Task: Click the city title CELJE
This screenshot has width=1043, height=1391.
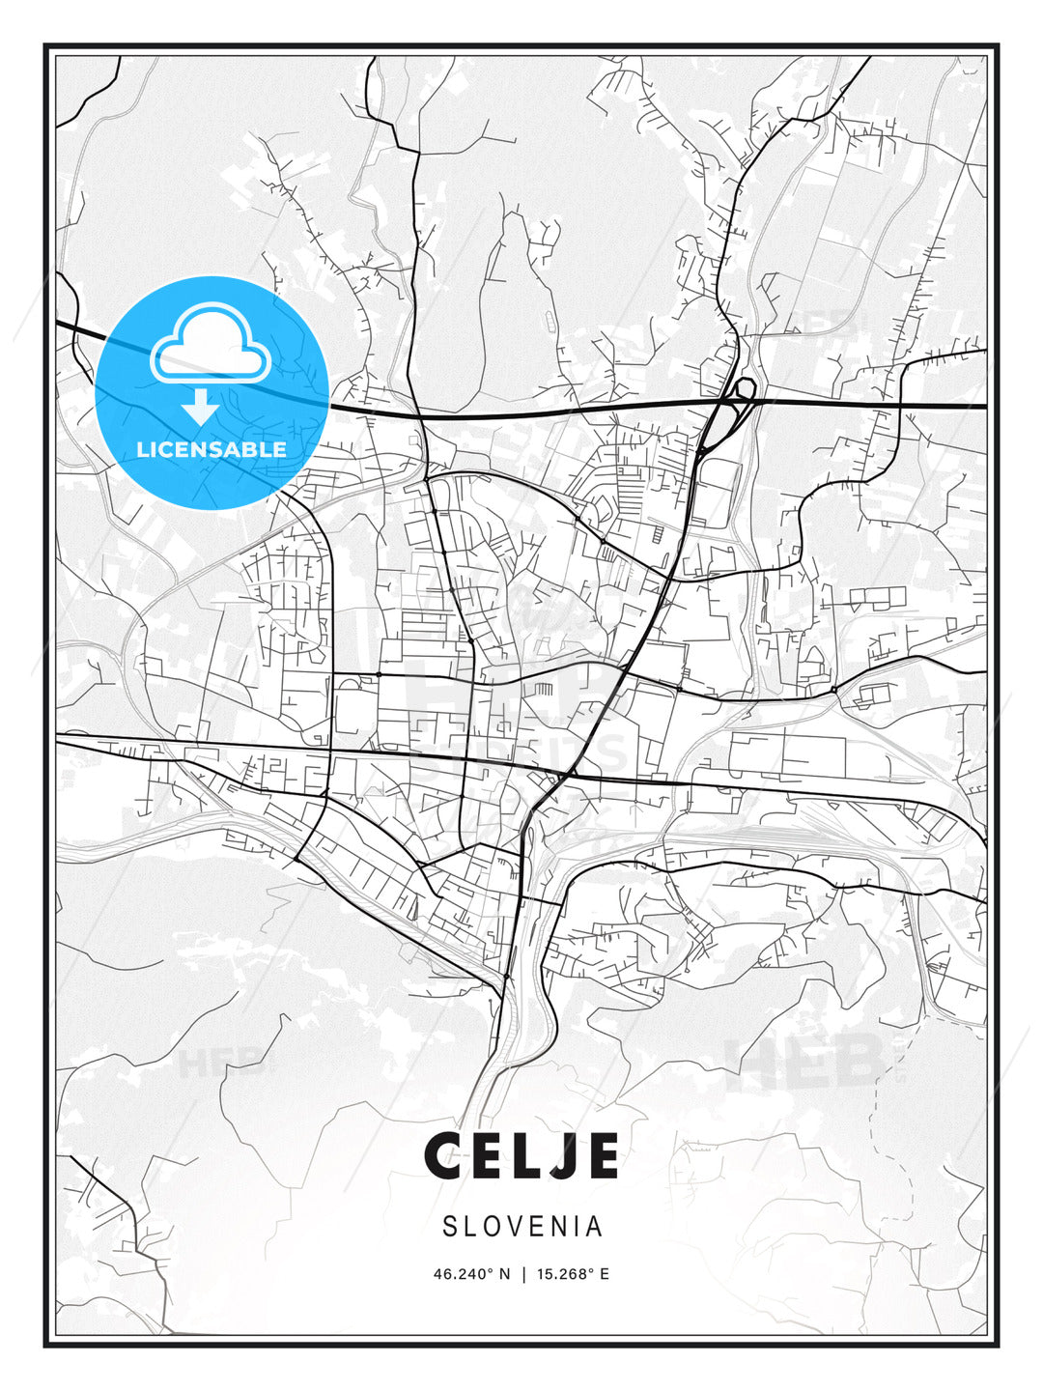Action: click(521, 1156)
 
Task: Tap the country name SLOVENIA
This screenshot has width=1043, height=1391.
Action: click(522, 1227)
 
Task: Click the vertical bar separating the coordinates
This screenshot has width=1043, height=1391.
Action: click(523, 1274)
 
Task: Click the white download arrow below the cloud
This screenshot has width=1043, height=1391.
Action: click(201, 407)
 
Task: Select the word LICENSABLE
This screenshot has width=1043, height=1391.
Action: click(211, 449)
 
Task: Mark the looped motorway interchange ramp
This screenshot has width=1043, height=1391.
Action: click(744, 389)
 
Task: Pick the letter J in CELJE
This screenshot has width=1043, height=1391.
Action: click(556, 1156)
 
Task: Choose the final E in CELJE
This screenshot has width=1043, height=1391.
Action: click(601, 1156)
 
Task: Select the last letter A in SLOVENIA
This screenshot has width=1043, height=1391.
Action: click(594, 1227)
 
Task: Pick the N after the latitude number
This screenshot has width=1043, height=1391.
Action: click(503, 1274)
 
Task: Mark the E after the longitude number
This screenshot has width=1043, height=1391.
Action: click(605, 1274)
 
